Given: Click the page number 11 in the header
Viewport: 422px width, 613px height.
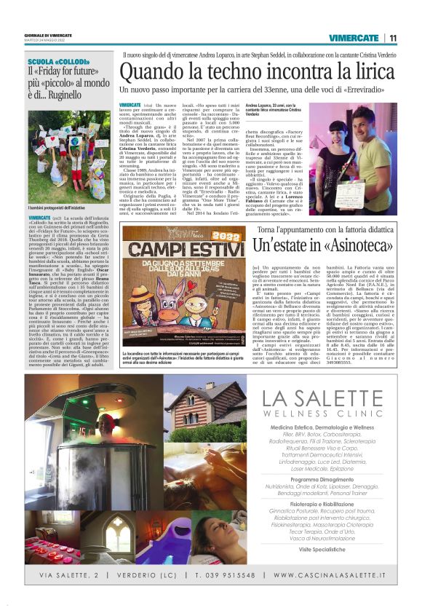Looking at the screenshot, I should click(x=393, y=38).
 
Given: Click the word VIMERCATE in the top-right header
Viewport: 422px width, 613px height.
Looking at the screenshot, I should click(x=352, y=38).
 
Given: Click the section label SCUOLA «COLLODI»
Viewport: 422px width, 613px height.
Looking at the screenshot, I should click(x=55, y=62).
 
